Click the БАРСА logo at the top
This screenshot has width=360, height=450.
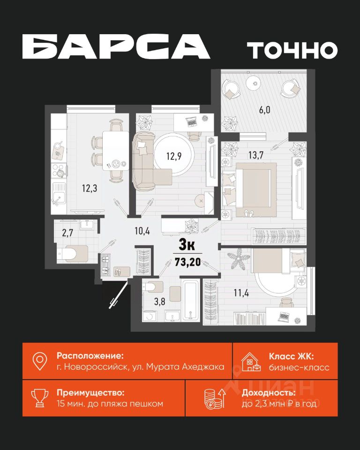(x=116, y=46)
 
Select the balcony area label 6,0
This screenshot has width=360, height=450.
(x=264, y=110)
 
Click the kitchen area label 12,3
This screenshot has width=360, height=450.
(x=90, y=188)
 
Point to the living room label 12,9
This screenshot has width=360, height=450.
(x=174, y=157)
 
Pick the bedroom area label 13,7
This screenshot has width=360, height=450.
(x=256, y=155)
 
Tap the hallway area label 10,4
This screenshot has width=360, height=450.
(x=142, y=231)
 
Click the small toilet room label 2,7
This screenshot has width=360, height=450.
(x=68, y=233)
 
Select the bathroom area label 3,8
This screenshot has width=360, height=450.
(x=160, y=301)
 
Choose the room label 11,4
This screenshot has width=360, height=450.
(x=241, y=293)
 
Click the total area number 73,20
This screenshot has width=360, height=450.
(x=188, y=262)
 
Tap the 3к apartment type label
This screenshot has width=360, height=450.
(x=187, y=245)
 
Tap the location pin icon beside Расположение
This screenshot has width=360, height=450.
(x=40, y=361)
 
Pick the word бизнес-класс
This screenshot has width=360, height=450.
(x=299, y=367)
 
